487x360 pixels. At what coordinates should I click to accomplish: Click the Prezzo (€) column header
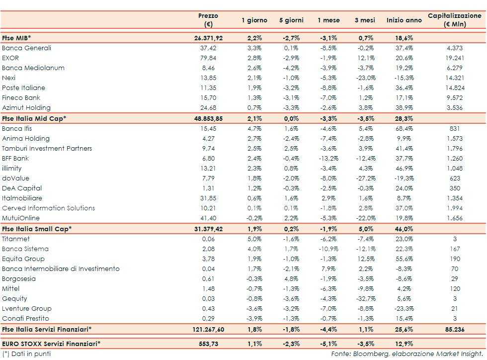(x=208, y=20)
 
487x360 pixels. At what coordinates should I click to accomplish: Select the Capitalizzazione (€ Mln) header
(x=454, y=20)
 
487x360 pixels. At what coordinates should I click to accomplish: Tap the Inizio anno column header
(x=404, y=20)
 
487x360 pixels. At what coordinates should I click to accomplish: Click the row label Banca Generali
(x=26, y=48)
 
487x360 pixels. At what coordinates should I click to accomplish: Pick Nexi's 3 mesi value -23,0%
(x=365, y=78)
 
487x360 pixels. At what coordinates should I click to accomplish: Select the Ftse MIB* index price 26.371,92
(x=208, y=38)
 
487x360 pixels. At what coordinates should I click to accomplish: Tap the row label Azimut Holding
(x=26, y=108)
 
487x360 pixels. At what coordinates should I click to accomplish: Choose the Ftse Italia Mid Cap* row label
(x=34, y=118)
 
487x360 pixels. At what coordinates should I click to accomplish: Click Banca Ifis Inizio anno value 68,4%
(x=404, y=129)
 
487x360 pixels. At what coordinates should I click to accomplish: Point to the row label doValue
(x=15, y=179)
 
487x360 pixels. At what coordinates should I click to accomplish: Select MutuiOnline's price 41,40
(x=208, y=218)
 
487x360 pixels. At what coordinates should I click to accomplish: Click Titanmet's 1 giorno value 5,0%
(x=254, y=239)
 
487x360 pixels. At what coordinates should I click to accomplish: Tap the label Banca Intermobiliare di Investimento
(x=61, y=269)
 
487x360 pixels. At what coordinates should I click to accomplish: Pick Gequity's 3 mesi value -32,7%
(x=365, y=299)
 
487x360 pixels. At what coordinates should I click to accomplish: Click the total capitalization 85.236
(x=454, y=329)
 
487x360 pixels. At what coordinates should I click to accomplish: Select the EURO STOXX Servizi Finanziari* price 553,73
(x=208, y=344)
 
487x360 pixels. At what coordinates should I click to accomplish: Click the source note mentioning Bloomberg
(x=407, y=354)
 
